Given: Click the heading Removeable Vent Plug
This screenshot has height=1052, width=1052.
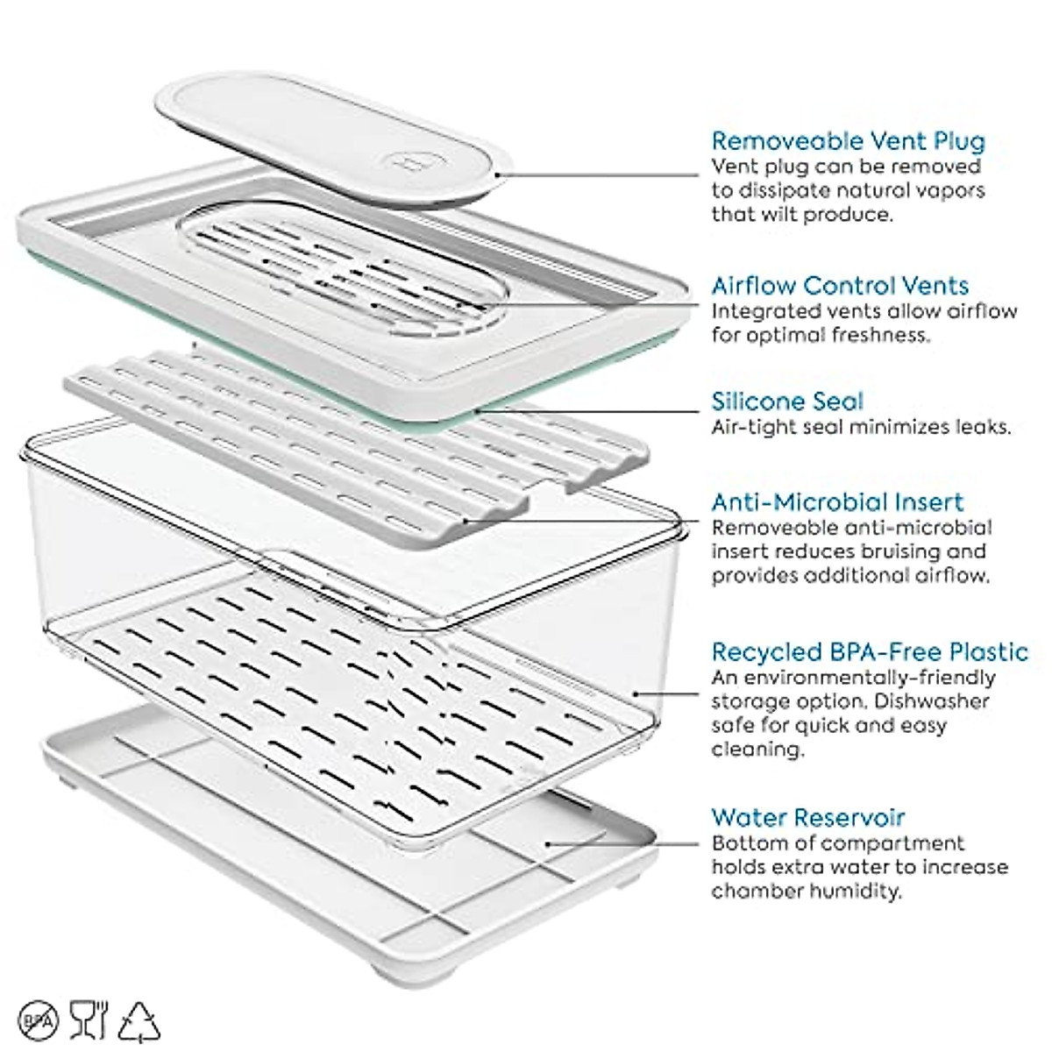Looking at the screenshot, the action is pyautogui.click(x=848, y=141).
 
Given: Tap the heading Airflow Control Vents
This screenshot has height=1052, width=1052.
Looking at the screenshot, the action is pyautogui.click(x=840, y=286).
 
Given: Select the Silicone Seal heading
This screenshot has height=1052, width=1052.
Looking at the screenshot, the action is pyautogui.click(x=787, y=402).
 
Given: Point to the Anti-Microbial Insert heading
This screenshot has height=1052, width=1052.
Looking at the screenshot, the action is pyautogui.click(x=837, y=502).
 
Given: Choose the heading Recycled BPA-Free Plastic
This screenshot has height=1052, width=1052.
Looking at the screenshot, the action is pyautogui.click(x=869, y=652).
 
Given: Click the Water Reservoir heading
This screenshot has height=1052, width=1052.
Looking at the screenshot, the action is pyautogui.click(x=807, y=818).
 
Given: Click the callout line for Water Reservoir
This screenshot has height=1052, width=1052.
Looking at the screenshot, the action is pyautogui.click(x=622, y=844).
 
